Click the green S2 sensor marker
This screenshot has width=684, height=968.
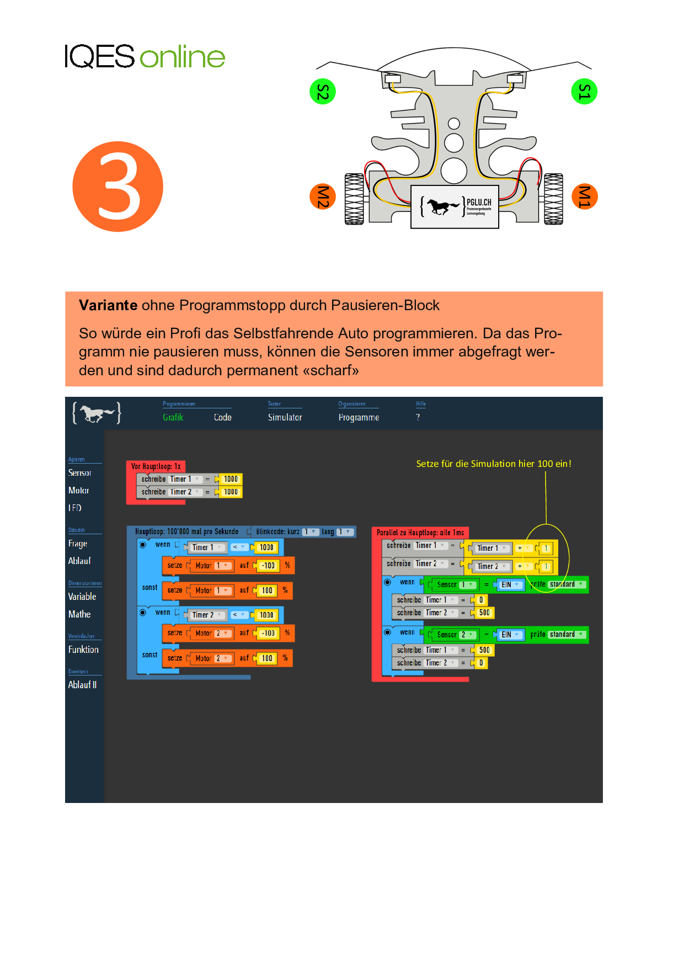(323, 92)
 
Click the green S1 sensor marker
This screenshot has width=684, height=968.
(584, 92)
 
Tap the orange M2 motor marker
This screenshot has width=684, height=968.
(323, 196)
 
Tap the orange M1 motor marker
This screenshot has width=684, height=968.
(584, 196)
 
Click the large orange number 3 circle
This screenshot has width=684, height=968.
(118, 187)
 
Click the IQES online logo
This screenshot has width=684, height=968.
(145, 56)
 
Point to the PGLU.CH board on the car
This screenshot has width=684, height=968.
(455, 206)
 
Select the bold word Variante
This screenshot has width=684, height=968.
(108, 305)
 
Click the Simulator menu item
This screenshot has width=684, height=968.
(285, 417)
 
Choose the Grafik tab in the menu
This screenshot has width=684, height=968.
(173, 417)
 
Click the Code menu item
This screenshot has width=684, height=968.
(222, 417)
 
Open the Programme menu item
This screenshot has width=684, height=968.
(359, 417)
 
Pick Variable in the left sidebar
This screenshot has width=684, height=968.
(82, 597)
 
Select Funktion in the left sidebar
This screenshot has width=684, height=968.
(83, 650)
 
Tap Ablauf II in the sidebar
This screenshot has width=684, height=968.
(82, 685)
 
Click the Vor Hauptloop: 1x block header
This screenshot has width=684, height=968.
(156, 466)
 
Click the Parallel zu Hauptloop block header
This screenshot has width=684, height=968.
(420, 533)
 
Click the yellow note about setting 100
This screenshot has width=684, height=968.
(493, 464)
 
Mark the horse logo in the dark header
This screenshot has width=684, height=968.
(97, 413)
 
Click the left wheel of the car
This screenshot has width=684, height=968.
(354, 199)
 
